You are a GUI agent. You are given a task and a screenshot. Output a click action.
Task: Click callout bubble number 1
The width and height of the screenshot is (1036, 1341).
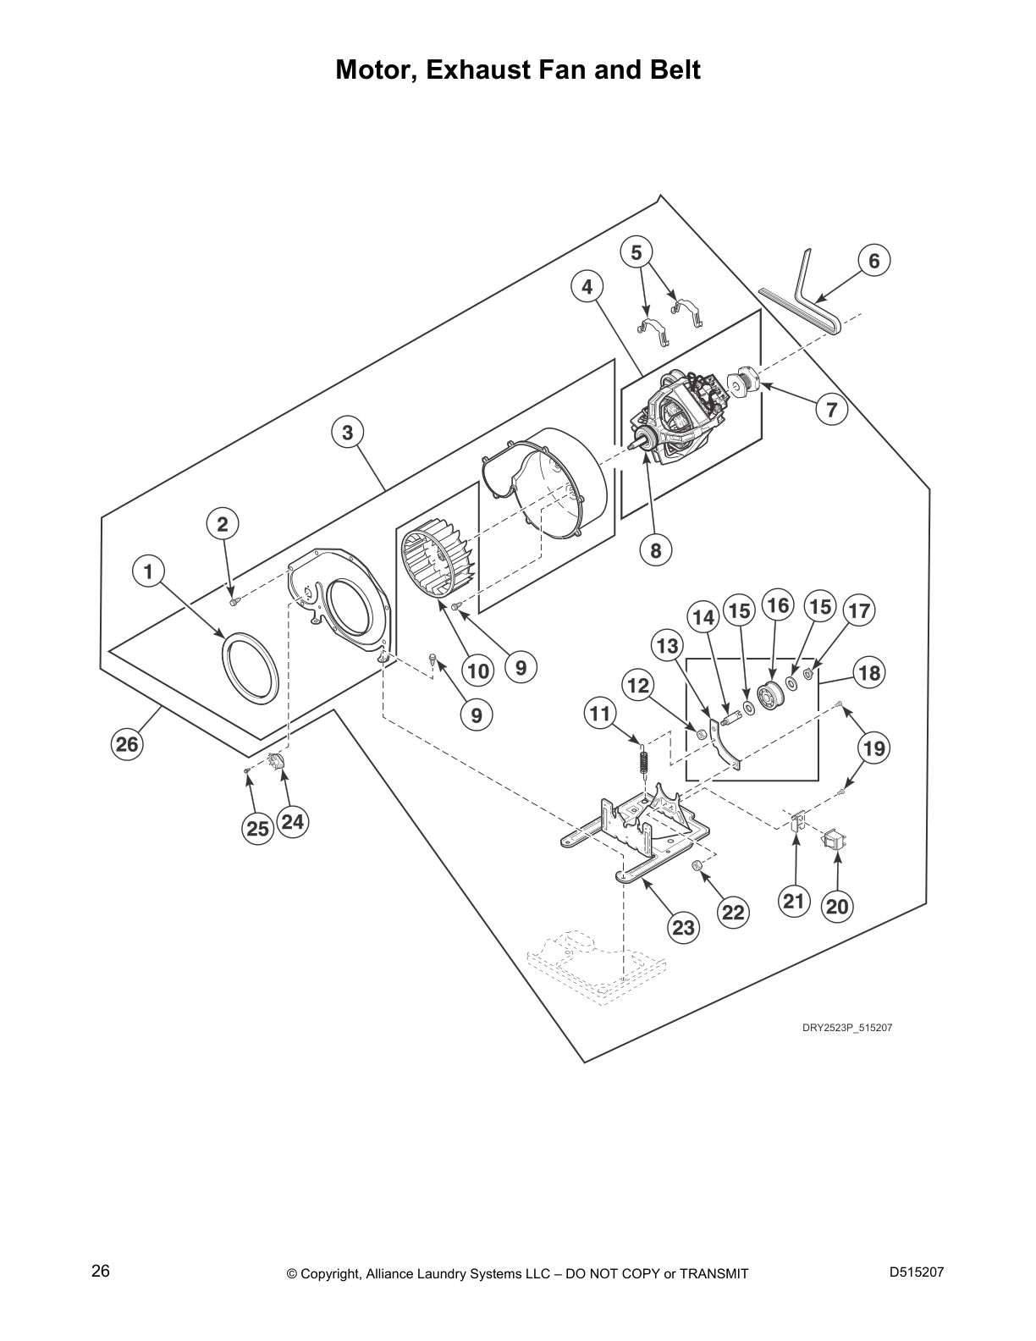148,571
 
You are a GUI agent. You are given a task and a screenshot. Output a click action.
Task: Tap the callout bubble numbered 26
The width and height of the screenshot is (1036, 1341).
127,744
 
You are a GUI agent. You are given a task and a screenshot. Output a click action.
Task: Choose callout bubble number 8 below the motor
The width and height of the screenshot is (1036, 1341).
655,550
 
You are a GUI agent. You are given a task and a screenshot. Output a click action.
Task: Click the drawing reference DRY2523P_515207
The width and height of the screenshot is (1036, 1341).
847,1028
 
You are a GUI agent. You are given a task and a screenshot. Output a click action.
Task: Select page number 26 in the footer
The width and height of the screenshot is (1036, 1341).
101,1272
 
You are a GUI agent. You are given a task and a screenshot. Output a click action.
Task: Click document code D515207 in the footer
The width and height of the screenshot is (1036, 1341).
917,1272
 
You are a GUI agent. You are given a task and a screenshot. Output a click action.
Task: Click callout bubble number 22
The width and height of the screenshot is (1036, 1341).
733,912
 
